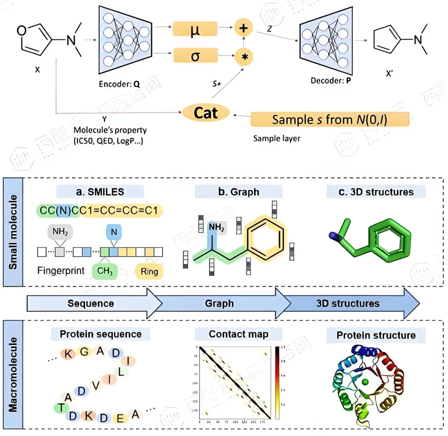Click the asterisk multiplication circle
pyautogui.click(x=243, y=57)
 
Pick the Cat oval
pyautogui.click(x=206, y=112)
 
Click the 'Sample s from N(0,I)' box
pyautogui.click(x=330, y=120)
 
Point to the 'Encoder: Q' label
pyautogui.click(x=119, y=83)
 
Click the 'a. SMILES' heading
pyautogui.click(x=100, y=191)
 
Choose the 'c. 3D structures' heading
pyautogui.click(x=376, y=192)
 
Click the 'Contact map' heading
pyautogui.click(x=239, y=334)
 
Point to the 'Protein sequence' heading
pyautogui.click(x=100, y=334)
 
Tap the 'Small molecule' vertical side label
pyautogui.click(x=13, y=232)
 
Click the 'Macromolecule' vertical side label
pyautogui.click(x=13, y=374)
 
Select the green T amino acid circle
pyautogui.click(x=61, y=407)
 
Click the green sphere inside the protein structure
pyautogui.click(x=365, y=381)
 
